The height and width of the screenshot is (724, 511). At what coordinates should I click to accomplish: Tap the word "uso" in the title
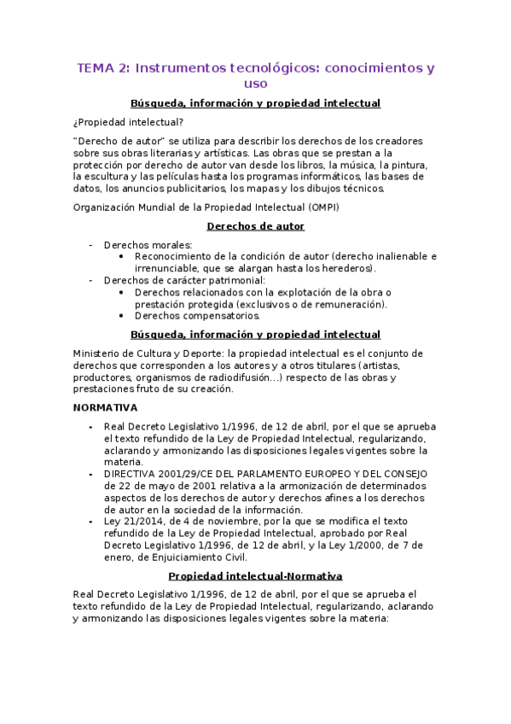click(255, 84)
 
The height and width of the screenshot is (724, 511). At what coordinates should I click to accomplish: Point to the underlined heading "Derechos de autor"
click(255, 226)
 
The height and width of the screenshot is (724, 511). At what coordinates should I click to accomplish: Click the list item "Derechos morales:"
click(148, 245)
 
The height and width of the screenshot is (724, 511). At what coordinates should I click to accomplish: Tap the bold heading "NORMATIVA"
click(106, 407)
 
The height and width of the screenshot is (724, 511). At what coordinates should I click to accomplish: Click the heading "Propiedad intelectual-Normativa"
click(255, 575)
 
